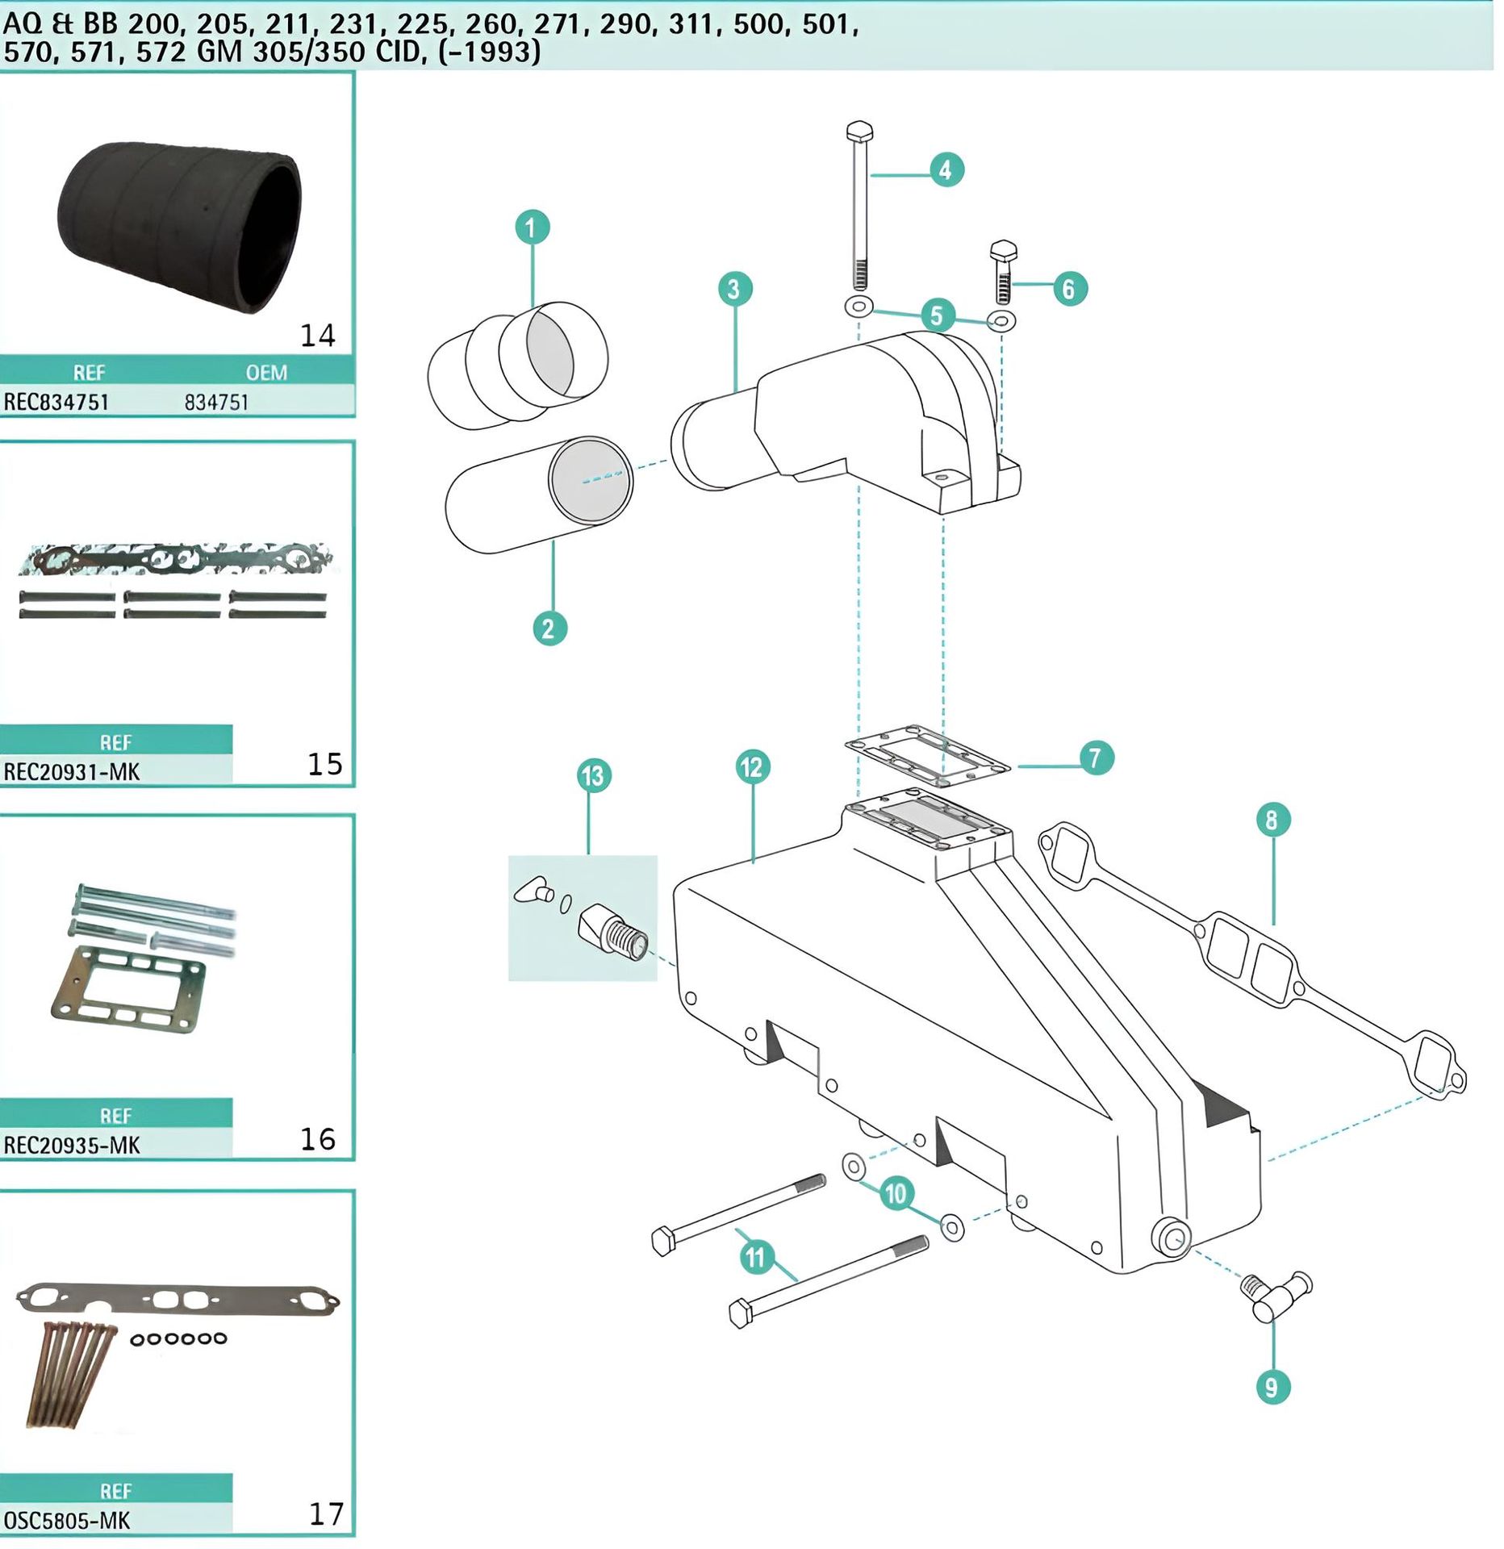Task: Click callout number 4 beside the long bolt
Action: tap(945, 170)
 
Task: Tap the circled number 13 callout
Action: tap(593, 776)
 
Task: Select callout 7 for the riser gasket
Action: tap(1095, 758)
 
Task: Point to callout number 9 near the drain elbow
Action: tap(1272, 1387)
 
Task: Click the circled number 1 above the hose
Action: tap(532, 228)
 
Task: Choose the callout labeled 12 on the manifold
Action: tap(752, 766)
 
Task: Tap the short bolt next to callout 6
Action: tap(1003, 273)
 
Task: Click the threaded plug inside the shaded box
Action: tap(613, 932)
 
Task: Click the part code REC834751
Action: tap(56, 402)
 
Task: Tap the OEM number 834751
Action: tap(216, 402)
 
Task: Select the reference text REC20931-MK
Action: tap(72, 772)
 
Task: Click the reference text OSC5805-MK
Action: tap(67, 1521)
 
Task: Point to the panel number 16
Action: tap(317, 1139)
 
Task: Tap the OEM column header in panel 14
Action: tap(266, 373)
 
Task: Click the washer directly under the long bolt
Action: tap(859, 307)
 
